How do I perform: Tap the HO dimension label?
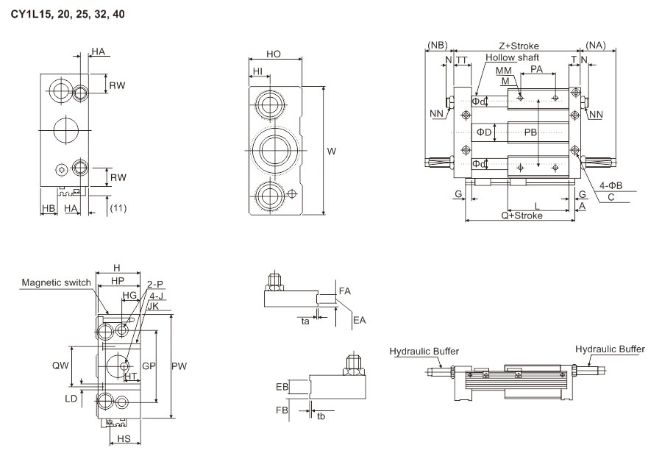pyautogui.click(x=274, y=55)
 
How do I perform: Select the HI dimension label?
pyautogui.click(x=257, y=71)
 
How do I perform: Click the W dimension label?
pyautogui.click(x=332, y=152)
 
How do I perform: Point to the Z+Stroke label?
pyautogui.click(x=519, y=46)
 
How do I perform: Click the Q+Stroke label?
pyautogui.click(x=522, y=215)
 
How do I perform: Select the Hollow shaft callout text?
pyautogui.click(x=512, y=57)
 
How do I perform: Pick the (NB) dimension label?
pyautogui.click(x=437, y=46)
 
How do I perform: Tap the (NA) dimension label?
pyautogui.click(x=597, y=46)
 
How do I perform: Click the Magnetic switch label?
pyautogui.click(x=57, y=282)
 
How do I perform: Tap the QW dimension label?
pyautogui.click(x=61, y=365)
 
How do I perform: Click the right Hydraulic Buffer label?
pyautogui.click(x=610, y=349)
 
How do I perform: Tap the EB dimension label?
pyautogui.click(x=280, y=385)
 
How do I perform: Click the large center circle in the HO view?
pyautogui.click(x=274, y=150)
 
